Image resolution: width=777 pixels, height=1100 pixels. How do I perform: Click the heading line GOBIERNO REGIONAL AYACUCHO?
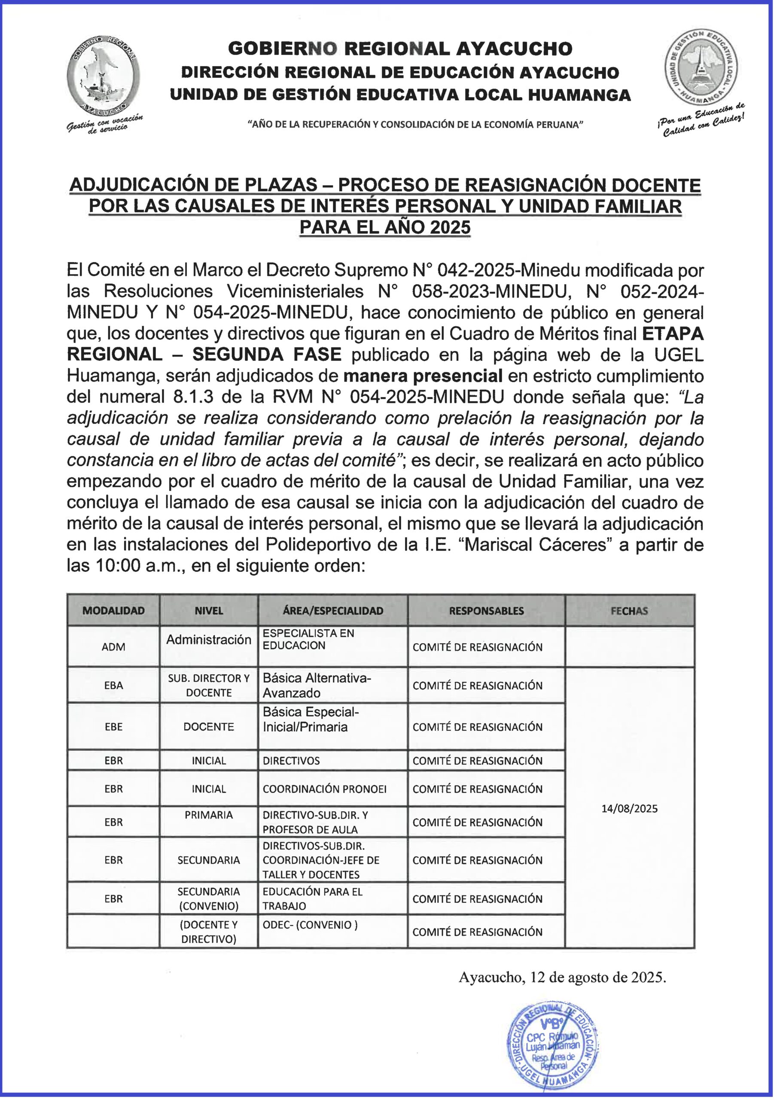[x=399, y=49]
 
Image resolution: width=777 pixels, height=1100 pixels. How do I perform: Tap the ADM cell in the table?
[x=113, y=647]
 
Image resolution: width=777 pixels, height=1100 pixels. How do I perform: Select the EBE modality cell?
[x=113, y=726]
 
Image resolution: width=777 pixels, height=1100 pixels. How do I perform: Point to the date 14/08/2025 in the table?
[x=629, y=809]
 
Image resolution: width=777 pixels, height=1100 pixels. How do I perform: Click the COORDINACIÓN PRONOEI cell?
[x=324, y=788]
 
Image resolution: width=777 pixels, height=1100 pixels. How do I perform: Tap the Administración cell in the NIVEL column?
[x=208, y=640]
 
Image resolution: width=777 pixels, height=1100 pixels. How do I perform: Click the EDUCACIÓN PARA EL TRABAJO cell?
[x=312, y=898]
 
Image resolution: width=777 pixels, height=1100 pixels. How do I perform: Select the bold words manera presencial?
[x=423, y=376]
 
